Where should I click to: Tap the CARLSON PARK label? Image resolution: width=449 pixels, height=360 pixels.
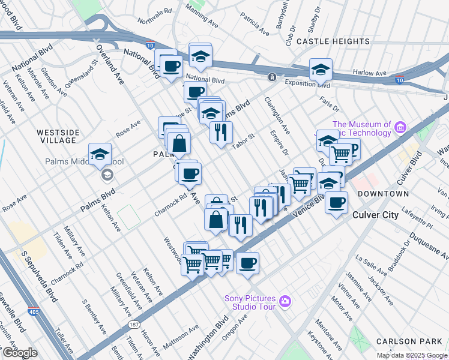tap(412, 341)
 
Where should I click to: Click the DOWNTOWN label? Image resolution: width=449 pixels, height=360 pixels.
tap(383, 194)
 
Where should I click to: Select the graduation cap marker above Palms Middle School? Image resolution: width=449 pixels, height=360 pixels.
tap(100, 155)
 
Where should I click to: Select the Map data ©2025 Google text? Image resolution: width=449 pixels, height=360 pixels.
tap(411, 355)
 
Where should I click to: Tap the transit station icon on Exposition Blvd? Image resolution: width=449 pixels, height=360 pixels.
tap(272, 77)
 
